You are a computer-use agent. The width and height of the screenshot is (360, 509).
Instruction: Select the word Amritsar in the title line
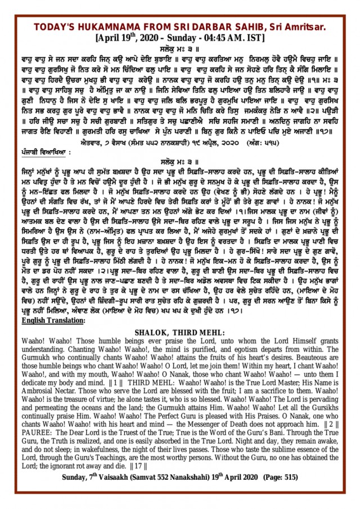(x=303, y=26)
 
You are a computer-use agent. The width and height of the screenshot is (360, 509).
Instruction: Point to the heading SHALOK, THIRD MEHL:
(x=179, y=332)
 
